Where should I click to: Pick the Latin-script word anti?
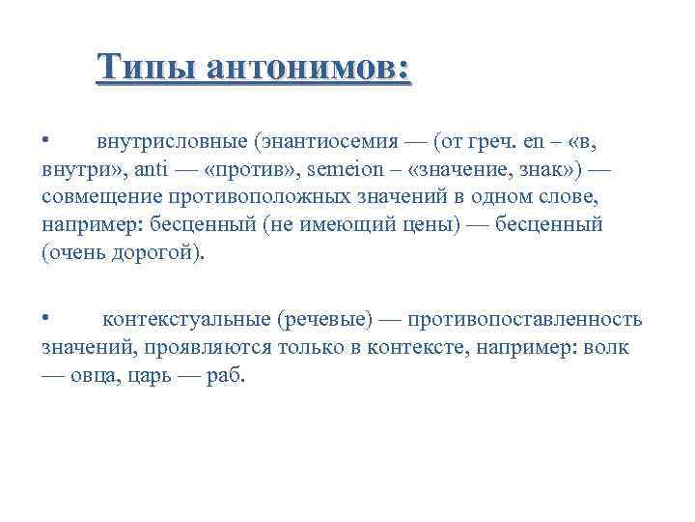coord(150,170)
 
